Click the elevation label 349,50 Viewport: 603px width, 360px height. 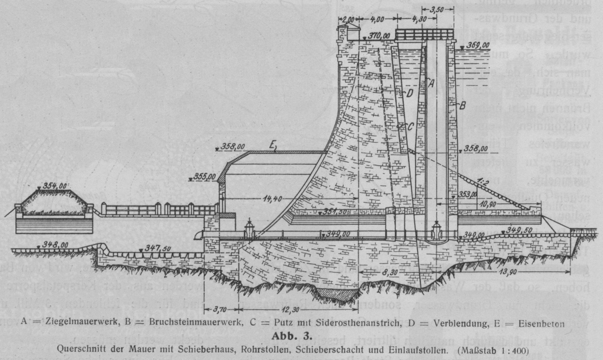[520, 229]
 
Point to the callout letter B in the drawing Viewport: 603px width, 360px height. [462, 105]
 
